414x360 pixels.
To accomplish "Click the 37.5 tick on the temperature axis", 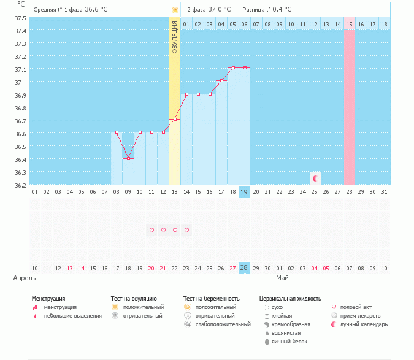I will tap(21, 18).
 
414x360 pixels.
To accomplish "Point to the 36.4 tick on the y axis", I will tap(21, 159).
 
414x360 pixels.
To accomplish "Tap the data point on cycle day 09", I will tap(128, 159).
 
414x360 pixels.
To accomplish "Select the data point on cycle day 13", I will tap(175, 119).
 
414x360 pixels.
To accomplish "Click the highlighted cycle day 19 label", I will tap(244, 192).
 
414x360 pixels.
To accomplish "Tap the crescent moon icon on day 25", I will tap(315, 178).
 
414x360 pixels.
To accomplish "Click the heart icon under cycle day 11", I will tap(151, 231).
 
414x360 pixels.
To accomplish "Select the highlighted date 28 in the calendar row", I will tap(244, 268).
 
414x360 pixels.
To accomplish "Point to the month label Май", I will tap(282, 278).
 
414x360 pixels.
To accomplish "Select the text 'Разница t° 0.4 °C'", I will tap(267, 10).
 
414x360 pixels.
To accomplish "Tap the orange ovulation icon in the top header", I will tap(175, 10).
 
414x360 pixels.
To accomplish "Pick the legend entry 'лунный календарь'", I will tap(364, 324).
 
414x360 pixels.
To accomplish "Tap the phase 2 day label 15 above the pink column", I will tap(350, 24).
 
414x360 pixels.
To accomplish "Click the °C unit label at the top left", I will tap(22, 4).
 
